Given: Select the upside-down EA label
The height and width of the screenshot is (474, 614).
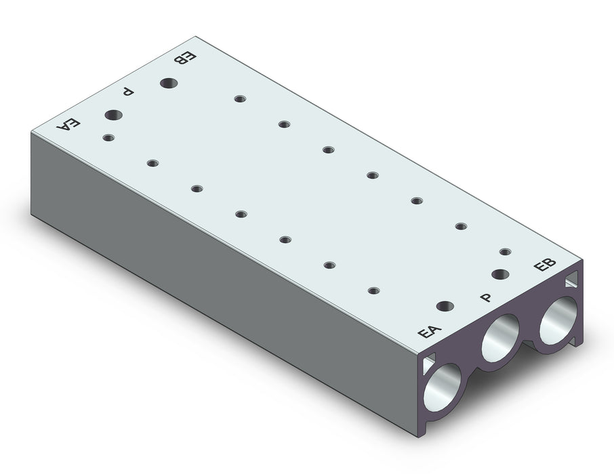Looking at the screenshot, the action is pyautogui.click(x=68, y=124).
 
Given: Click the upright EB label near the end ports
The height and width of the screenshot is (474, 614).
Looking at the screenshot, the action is pyautogui.click(x=545, y=265).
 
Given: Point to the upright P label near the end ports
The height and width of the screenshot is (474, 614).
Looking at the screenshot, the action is pyautogui.click(x=486, y=298).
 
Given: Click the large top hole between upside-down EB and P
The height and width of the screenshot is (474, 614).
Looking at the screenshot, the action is pyautogui.click(x=169, y=83).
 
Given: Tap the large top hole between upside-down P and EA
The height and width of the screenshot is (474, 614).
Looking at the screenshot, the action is pyautogui.click(x=113, y=115).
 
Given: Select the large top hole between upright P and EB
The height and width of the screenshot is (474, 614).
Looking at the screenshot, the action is pyautogui.click(x=500, y=274).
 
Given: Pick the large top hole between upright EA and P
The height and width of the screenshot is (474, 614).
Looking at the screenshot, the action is pyautogui.click(x=445, y=307).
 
